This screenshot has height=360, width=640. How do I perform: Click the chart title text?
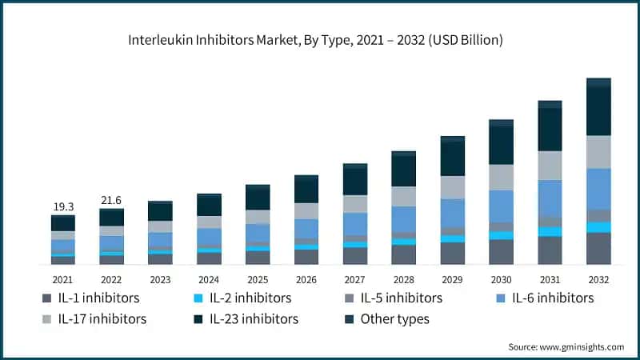pos(320,39)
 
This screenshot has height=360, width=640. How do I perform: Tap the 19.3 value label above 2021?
pos(63,206)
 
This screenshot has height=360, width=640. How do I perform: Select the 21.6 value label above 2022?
pos(112,200)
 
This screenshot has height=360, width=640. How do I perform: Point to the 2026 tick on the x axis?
pos(306,280)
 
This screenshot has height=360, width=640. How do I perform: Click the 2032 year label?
pos(598,280)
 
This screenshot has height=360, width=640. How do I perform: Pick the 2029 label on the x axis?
pos(453,280)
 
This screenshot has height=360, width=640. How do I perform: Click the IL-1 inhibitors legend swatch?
pos(47,298)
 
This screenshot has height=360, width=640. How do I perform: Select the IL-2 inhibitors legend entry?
pos(243,298)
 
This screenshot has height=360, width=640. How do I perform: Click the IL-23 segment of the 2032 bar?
pos(598,110)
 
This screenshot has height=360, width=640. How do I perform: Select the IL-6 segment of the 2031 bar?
pos(550,198)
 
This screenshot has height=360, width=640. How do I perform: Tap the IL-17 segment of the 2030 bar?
pos(501,177)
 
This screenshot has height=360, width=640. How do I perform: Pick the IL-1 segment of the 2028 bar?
pos(404,254)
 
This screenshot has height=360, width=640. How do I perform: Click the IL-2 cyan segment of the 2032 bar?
pos(598,227)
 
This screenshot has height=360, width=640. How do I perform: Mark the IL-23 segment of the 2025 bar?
pos(258,198)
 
